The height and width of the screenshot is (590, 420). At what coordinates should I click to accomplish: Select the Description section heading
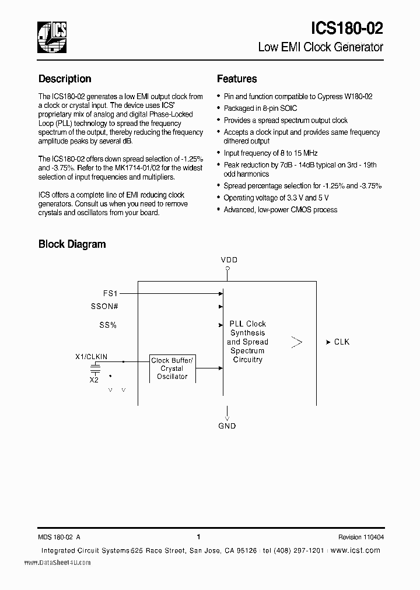(65, 79)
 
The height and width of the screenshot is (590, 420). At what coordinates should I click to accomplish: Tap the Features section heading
(237, 79)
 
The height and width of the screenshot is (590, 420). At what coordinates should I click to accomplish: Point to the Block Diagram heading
(72, 244)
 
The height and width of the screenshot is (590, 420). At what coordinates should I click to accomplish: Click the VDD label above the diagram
(229, 259)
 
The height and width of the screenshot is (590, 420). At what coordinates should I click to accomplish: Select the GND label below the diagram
(227, 426)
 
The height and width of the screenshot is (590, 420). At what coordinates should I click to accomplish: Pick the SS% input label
(107, 325)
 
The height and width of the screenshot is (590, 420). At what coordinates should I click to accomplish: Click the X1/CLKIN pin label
(92, 356)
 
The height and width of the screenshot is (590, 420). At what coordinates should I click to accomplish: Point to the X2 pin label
(94, 380)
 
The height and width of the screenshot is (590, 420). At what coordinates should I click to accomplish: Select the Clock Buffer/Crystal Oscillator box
(171, 368)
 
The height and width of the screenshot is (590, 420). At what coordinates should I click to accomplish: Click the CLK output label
(341, 342)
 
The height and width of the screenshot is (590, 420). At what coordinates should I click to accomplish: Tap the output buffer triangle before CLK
(296, 342)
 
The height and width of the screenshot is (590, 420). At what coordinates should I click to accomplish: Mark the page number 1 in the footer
(199, 537)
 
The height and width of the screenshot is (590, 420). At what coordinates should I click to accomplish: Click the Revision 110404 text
(360, 538)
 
